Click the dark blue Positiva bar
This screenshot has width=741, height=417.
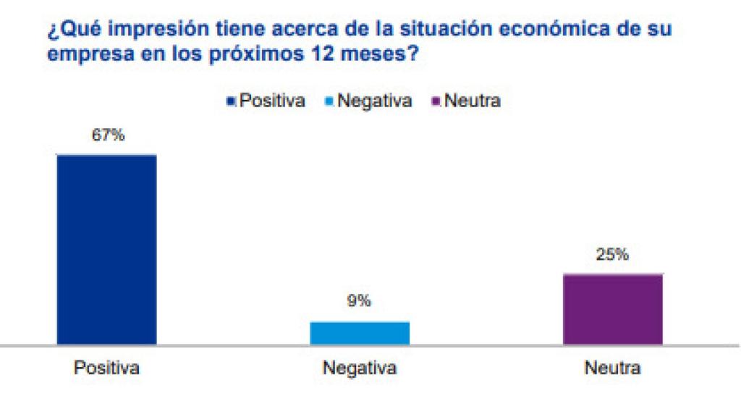tap(107, 249)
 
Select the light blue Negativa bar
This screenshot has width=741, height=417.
tap(360, 333)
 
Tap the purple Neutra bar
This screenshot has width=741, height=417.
tap(612, 309)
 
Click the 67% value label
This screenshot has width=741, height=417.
tap(108, 135)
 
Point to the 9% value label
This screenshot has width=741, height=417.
tap(359, 301)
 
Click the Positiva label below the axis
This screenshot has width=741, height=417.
tap(107, 368)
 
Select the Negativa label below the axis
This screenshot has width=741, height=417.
tap(360, 368)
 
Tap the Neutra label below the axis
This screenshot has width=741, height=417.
tap(612, 368)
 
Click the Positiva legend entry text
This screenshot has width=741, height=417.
tap(272, 101)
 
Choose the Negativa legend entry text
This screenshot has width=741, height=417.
tap(374, 101)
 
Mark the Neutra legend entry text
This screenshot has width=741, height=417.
tap(471, 101)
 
